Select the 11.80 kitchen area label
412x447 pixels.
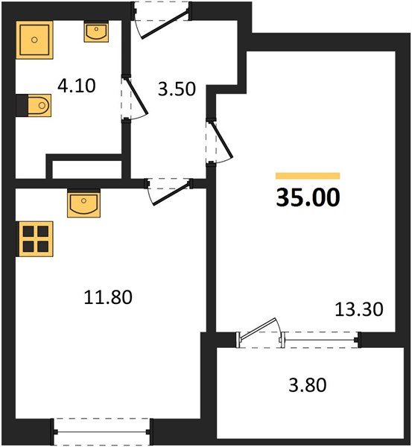(107, 298)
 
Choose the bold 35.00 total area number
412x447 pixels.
(308, 198)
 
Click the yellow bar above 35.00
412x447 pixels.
(308, 177)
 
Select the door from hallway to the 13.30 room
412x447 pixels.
(218, 142)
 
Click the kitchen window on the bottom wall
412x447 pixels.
(102, 430)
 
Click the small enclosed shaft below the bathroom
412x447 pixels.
(84, 169)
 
